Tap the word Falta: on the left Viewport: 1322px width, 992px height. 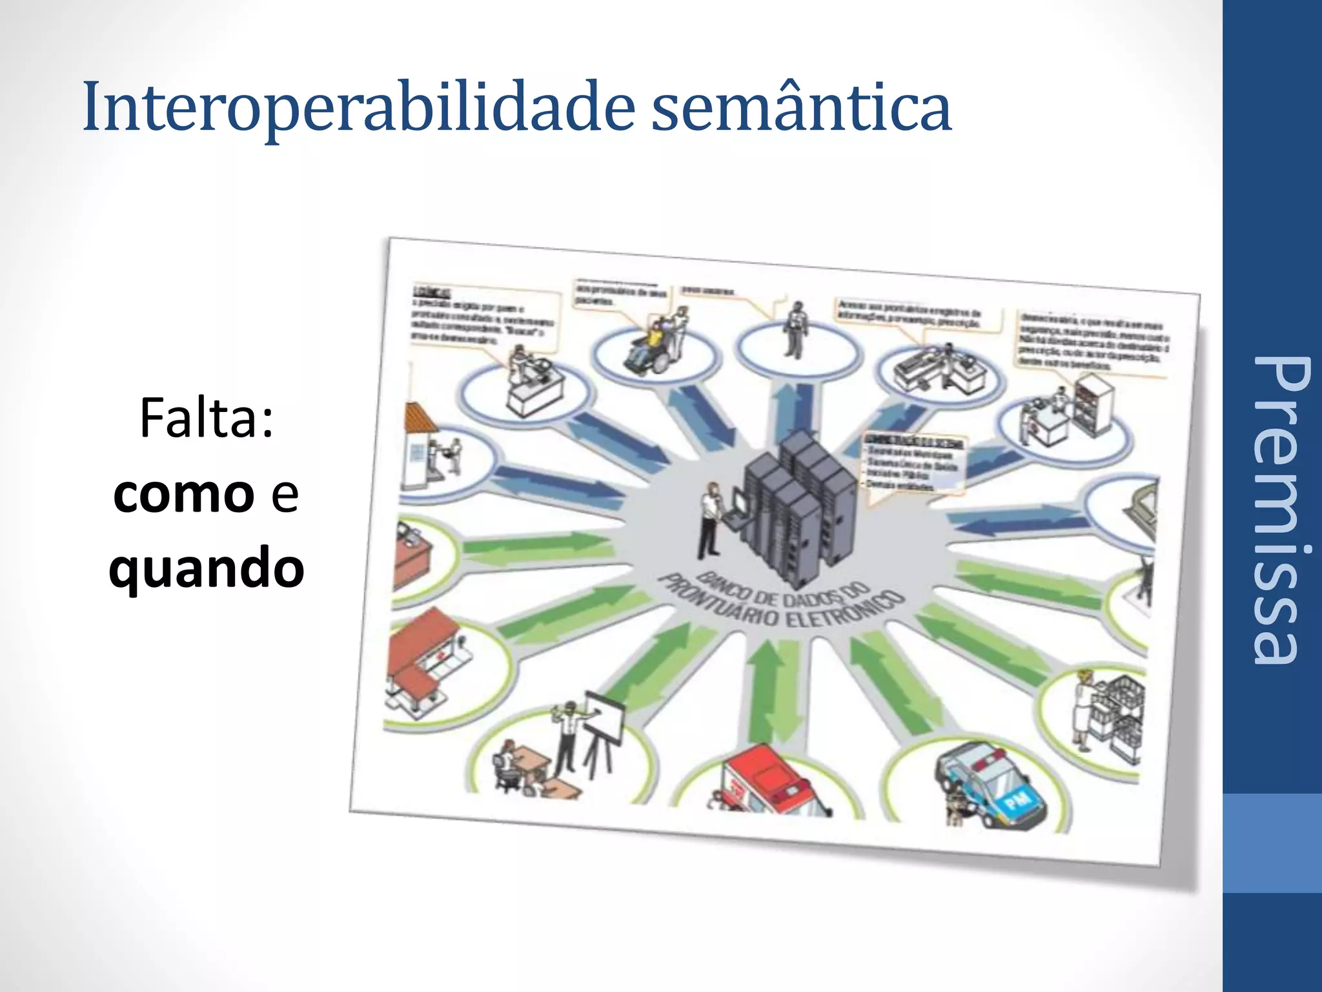[x=206, y=419]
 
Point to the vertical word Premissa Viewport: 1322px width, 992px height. [x=1274, y=510]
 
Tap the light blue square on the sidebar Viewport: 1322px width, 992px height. [x=1272, y=843]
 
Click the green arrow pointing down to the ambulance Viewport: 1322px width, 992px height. [x=768, y=691]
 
